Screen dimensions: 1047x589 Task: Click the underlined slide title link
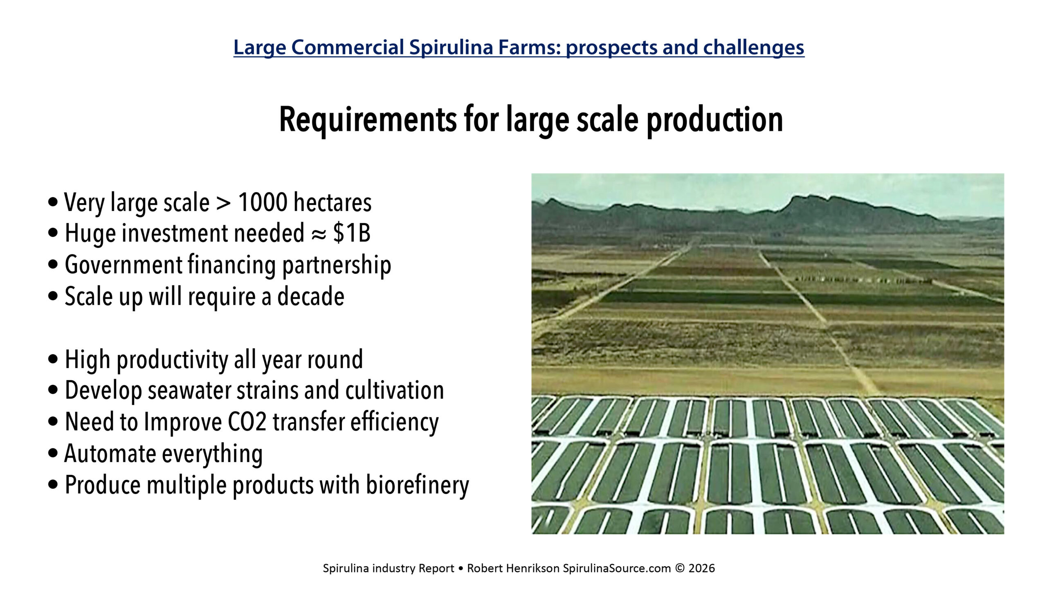coord(519,47)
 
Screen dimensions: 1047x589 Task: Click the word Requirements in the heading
coord(368,119)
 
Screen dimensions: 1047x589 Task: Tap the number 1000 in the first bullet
coord(263,202)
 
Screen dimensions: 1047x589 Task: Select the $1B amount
coord(352,233)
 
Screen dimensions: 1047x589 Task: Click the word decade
coord(311,296)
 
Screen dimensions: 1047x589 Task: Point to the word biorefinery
coord(418,486)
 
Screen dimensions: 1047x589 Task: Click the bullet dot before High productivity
coord(53,360)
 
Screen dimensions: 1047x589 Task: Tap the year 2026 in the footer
coord(702,568)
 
